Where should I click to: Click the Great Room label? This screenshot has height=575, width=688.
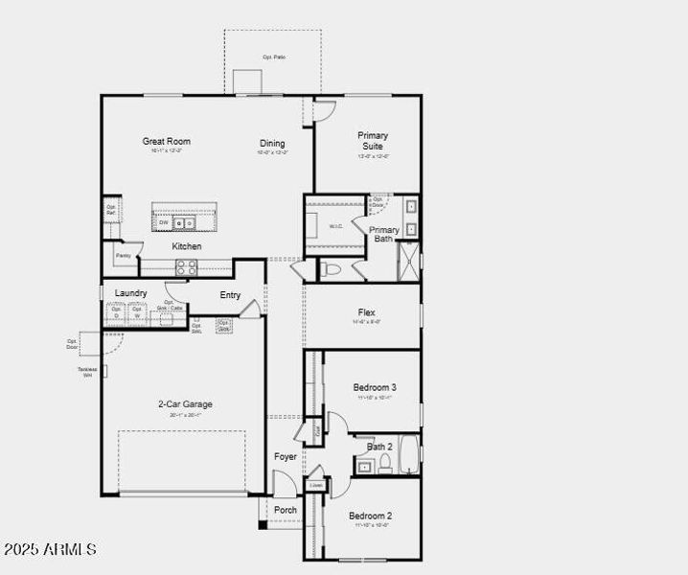point(167,142)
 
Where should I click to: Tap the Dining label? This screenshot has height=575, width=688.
point(272,144)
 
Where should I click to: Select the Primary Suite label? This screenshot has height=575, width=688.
point(373,141)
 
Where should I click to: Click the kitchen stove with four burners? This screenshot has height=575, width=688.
point(186,268)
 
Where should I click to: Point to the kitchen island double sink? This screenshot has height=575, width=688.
point(184,223)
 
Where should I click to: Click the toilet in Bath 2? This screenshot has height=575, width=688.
point(384,465)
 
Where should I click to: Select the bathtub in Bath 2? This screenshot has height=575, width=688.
point(409,456)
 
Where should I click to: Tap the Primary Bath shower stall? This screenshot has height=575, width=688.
point(409,261)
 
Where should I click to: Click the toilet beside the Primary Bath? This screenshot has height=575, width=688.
point(332,269)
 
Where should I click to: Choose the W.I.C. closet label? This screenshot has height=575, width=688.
point(335,227)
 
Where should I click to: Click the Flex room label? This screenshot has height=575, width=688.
point(367,312)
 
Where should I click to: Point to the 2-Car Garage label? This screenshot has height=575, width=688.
point(185,404)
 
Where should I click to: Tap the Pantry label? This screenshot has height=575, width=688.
point(123,256)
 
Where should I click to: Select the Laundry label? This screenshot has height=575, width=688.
point(130,293)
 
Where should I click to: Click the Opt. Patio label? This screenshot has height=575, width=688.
point(274,57)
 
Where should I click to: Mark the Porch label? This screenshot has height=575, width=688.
point(286,510)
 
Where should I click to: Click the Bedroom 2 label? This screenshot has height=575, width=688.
point(370,516)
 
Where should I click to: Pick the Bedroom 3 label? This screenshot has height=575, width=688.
point(375,387)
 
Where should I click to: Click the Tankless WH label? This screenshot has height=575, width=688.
point(88,371)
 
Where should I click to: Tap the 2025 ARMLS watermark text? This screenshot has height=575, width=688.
point(50,549)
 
